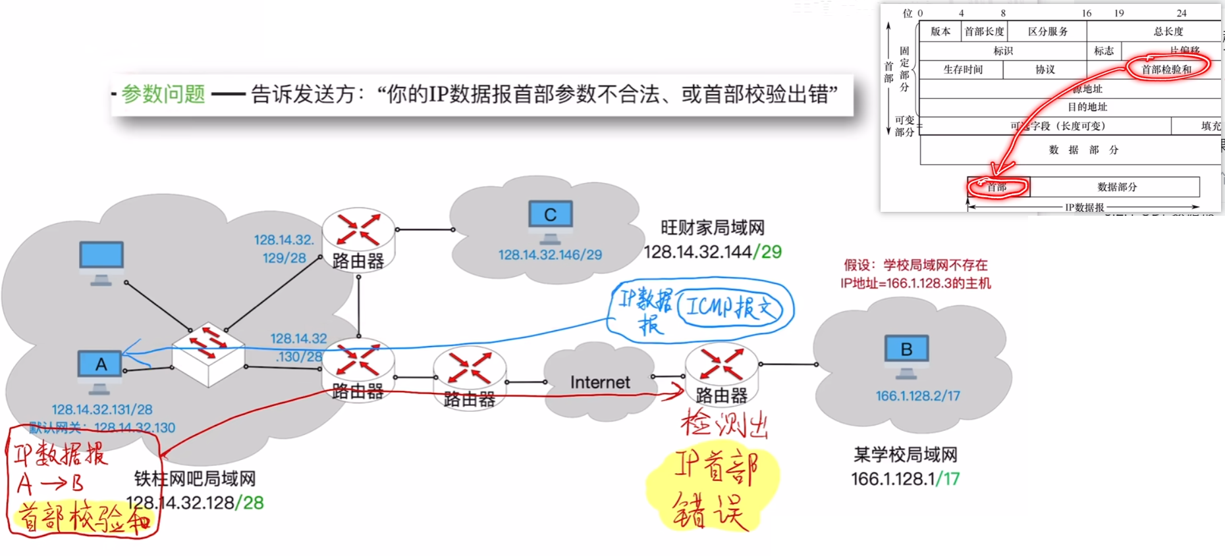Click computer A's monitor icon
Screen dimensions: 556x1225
click(x=100, y=365)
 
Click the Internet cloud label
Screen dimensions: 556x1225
click(x=600, y=382)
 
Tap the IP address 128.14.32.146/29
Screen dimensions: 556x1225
click(x=550, y=255)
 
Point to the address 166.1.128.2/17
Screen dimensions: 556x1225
click(x=917, y=395)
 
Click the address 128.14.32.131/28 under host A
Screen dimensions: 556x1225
click(x=102, y=409)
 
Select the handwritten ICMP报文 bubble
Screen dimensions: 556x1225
click(x=730, y=307)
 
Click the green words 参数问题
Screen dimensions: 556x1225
click(x=163, y=94)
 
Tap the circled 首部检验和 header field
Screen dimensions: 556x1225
click(x=1166, y=69)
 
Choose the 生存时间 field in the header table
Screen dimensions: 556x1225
click(x=962, y=70)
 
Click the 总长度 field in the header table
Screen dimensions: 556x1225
click(x=1168, y=32)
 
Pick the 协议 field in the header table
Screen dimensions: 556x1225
click(x=1045, y=70)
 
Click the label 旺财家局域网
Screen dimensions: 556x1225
click(x=713, y=228)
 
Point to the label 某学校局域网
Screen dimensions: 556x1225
click(x=905, y=455)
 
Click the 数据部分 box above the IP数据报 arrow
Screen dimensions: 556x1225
click(x=1117, y=187)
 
